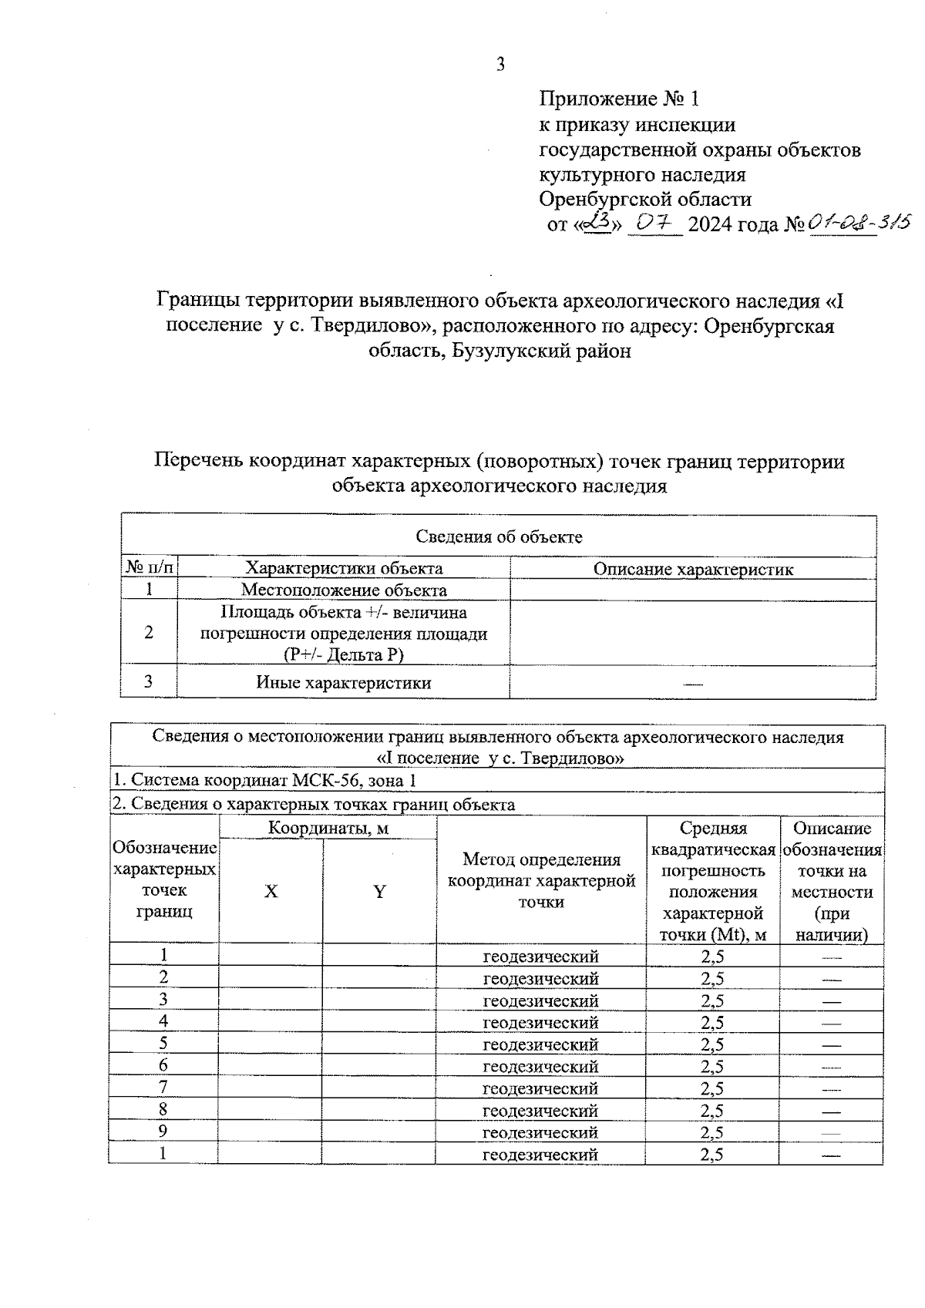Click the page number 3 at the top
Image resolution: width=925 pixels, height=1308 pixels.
500,65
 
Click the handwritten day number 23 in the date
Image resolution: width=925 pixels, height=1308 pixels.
596,224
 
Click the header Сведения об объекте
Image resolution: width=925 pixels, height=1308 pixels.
499,536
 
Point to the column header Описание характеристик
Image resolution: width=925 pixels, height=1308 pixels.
692,570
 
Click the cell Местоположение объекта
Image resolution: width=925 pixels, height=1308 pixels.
344,590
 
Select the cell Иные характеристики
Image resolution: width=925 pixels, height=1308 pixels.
344,683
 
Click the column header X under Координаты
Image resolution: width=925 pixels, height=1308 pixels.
271,892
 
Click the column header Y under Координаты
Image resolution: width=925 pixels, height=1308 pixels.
379,892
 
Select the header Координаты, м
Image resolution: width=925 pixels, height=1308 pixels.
328,829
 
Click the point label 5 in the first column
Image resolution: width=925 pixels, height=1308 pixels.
163,1044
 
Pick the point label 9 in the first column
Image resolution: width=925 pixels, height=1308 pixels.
163,1131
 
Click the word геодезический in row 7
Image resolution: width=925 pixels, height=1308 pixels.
540,1088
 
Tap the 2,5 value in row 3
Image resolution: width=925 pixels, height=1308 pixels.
712,1000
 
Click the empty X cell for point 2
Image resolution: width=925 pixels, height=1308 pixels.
271,978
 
